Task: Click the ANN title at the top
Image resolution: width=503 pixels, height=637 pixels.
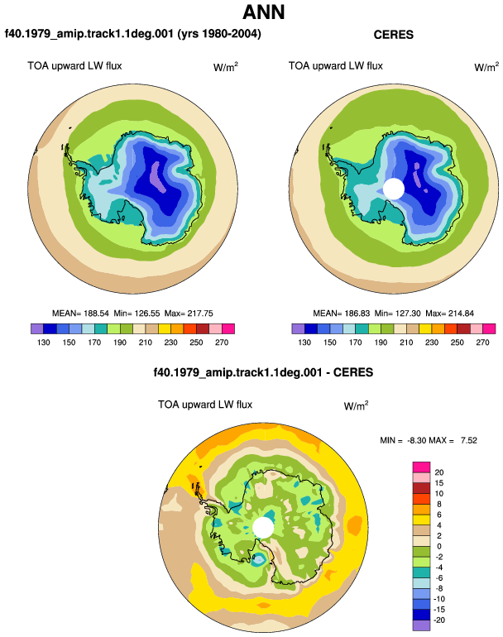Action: click(x=263, y=12)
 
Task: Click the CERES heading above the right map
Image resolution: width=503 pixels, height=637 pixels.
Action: click(x=393, y=35)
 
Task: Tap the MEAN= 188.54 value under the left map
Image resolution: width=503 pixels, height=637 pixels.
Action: click(x=80, y=314)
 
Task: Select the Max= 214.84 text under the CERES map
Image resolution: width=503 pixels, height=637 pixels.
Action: click(x=449, y=314)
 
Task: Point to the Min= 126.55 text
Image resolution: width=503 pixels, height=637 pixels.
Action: click(x=137, y=314)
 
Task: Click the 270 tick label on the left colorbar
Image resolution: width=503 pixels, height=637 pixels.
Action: click(x=222, y=342)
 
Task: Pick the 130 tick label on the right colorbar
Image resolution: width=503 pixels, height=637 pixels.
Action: click(x=304, y=342)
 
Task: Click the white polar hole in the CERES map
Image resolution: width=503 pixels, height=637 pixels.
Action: click(x=393, y=189)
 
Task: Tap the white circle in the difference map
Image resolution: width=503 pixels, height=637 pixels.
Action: click(x=263, y=527)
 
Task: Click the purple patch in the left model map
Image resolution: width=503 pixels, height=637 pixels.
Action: click(x=158, y=177)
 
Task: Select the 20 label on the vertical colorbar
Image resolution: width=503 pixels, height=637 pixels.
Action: click(x=439, y=472)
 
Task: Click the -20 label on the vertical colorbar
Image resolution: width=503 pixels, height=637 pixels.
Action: click(x=439, y=620)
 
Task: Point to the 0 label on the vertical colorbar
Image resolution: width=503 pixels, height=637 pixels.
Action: click(x=438, y=546)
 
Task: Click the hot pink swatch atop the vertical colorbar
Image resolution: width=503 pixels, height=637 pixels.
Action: click(x=421, y=467)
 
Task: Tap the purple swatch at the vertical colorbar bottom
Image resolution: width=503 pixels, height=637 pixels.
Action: click(x=421, y=625)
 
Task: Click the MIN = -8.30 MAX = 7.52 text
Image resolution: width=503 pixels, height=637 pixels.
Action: click(x=429, y=440)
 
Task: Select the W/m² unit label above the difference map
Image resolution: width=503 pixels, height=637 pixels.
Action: click(x=356, y=405)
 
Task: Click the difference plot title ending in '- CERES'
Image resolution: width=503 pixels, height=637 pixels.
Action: click(x=263, y=372)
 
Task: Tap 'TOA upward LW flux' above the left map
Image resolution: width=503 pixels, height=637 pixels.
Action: click(x=74, y=66)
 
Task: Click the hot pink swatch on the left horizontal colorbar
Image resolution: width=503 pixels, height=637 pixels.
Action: click(x=228, y=328)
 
